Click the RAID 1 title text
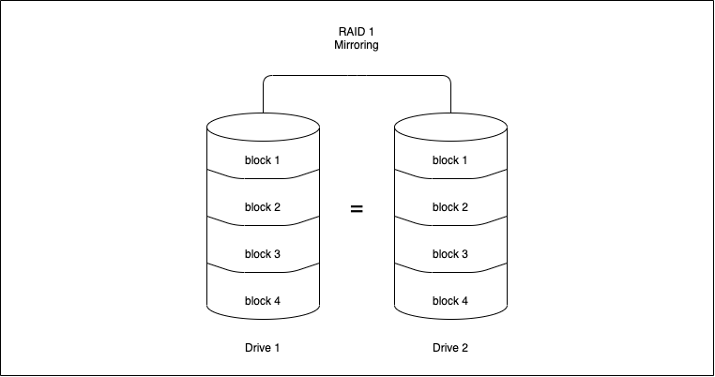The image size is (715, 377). (x=357, y=31)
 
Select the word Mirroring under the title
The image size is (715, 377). (x=357, y=44)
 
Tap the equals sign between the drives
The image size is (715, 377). (x=357, y=209)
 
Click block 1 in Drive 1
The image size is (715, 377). (x=263, y=160)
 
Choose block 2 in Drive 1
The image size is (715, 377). (x=263, y=207)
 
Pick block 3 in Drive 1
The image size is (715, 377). (x=263, y=254)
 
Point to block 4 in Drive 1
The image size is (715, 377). (x=263, y=301)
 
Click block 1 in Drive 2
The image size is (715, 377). (x=450, y=160)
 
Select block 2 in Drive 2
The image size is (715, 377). (x=450, y=207)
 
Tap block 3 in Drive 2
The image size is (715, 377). (x=450, y=254)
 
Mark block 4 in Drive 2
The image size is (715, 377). (x=450, y=301)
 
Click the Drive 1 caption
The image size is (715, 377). (x=263, y=348)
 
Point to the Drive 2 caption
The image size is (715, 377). (x=450, y=348)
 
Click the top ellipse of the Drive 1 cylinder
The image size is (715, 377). (x=263, y=126)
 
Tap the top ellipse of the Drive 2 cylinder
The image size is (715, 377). (x=450, y=126)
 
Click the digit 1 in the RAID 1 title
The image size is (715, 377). (x=372, y=31)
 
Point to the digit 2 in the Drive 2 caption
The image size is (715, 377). (x=465, y=348)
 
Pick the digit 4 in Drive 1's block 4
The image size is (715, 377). (x=278, y=301)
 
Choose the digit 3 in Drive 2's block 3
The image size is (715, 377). (x=465, y=254)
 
